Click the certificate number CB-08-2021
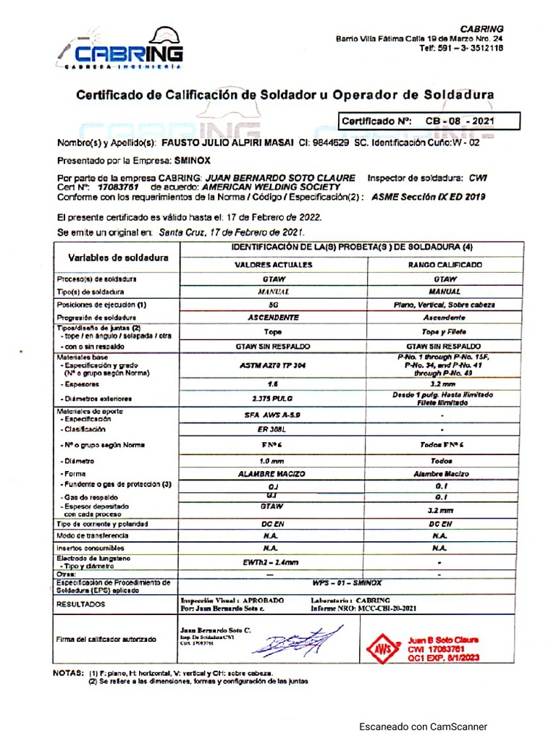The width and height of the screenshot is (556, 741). click(460, 121)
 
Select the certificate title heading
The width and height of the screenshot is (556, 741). click(285, 95)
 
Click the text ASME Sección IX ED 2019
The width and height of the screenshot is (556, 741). click(428, 196)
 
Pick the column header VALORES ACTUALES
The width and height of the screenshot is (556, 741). click(273, 265)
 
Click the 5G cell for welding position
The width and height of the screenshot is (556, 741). click(273, 305)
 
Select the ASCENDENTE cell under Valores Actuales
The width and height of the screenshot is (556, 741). click(273, 318)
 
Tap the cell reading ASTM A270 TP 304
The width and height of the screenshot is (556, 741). click(273, 365)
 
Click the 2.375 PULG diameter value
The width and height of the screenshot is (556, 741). click(273, 398)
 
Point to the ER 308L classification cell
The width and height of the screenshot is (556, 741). click(273, 429)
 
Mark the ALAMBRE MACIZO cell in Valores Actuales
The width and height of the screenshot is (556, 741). click(273, 474)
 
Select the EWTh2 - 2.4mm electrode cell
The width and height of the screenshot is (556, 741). click(273, 562)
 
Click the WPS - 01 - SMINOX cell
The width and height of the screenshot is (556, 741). click(347, 583)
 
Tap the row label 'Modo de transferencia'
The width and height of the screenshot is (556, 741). click(93, 535)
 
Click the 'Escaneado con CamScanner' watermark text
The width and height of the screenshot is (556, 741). click(424, 727)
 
